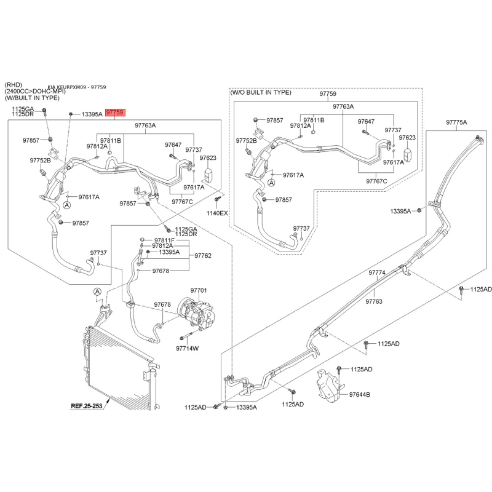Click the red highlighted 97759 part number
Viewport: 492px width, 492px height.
116,113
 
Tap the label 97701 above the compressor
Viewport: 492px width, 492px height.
199,290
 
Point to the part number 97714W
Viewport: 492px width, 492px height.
188,349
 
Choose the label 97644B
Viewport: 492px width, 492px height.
360,394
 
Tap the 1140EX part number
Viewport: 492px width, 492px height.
216,213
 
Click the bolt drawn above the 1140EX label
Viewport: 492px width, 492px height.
217,200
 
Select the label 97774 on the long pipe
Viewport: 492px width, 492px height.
377,272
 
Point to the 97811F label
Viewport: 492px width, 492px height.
164,240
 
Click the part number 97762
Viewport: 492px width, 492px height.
203,255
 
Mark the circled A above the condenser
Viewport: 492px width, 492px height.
97,292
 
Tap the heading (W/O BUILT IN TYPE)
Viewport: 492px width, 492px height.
261,92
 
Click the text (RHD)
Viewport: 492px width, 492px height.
14,84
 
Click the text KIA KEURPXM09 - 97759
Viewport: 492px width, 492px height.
77,87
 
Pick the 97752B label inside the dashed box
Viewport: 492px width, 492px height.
247,141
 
